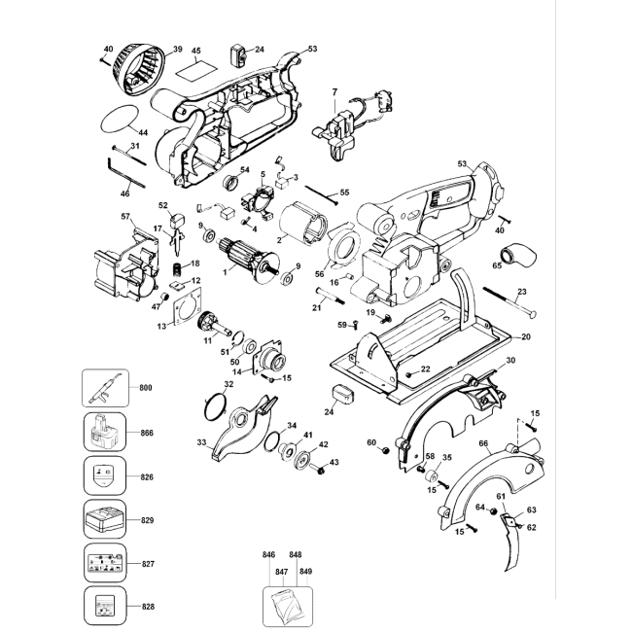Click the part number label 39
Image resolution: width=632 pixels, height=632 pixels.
tap(177, 50)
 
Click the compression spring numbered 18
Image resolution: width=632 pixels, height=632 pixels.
tap(177, 269)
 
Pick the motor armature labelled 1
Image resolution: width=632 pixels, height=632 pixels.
tap(249, 258)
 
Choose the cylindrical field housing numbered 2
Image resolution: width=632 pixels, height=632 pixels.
tap(305, 224)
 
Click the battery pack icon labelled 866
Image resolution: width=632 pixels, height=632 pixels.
tap(105, 433)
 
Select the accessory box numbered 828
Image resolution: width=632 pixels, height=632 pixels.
tap(105, 606)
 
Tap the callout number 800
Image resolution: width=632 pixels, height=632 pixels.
tap(146, 388)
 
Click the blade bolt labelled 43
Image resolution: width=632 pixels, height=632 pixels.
tap(318, 469)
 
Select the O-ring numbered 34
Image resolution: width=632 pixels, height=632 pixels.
tap(273, 441)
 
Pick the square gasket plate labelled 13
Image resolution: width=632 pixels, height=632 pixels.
tap(188, 306)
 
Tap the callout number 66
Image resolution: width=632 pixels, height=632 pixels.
tap(483, 443)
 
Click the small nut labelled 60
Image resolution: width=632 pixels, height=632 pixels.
tap(385, 450)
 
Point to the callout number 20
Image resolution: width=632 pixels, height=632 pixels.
tap(526, 336)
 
